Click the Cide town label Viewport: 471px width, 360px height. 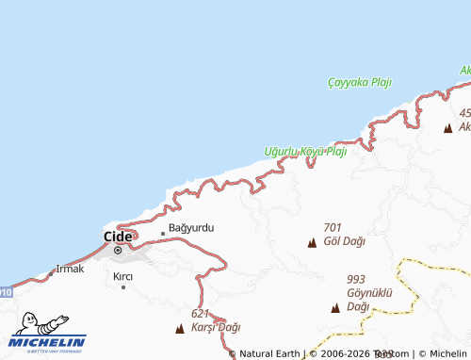click(x=118, y=236)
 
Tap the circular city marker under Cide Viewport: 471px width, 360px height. click(x=118, y=251)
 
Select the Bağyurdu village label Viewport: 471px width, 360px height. click(x=192, y=229)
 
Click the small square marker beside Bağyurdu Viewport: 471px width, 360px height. click(x=163, y=232)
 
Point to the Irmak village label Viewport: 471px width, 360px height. click(x=71, y=269)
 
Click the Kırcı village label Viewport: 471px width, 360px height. click(x=122, y=276)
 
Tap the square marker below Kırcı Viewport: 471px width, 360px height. click(x=122, y=286)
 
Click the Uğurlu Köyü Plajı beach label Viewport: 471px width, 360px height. click(x=306, y=151)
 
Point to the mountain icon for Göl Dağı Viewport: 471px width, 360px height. click(x=312, y=243)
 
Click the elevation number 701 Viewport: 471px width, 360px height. click(x=332, y=227)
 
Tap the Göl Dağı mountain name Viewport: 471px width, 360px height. click(x=344, y=241)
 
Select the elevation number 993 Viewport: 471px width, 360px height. click(x=356, y=279)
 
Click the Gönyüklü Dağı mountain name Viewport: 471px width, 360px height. click(x=368, y=300)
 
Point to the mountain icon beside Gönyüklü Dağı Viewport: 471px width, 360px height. click(x=335, y=308)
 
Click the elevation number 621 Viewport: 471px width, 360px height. click(x=200, y=313)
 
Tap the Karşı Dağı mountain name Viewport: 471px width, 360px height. click(x=216, y=327)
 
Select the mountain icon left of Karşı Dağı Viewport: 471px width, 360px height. click(x=180, y=329)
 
